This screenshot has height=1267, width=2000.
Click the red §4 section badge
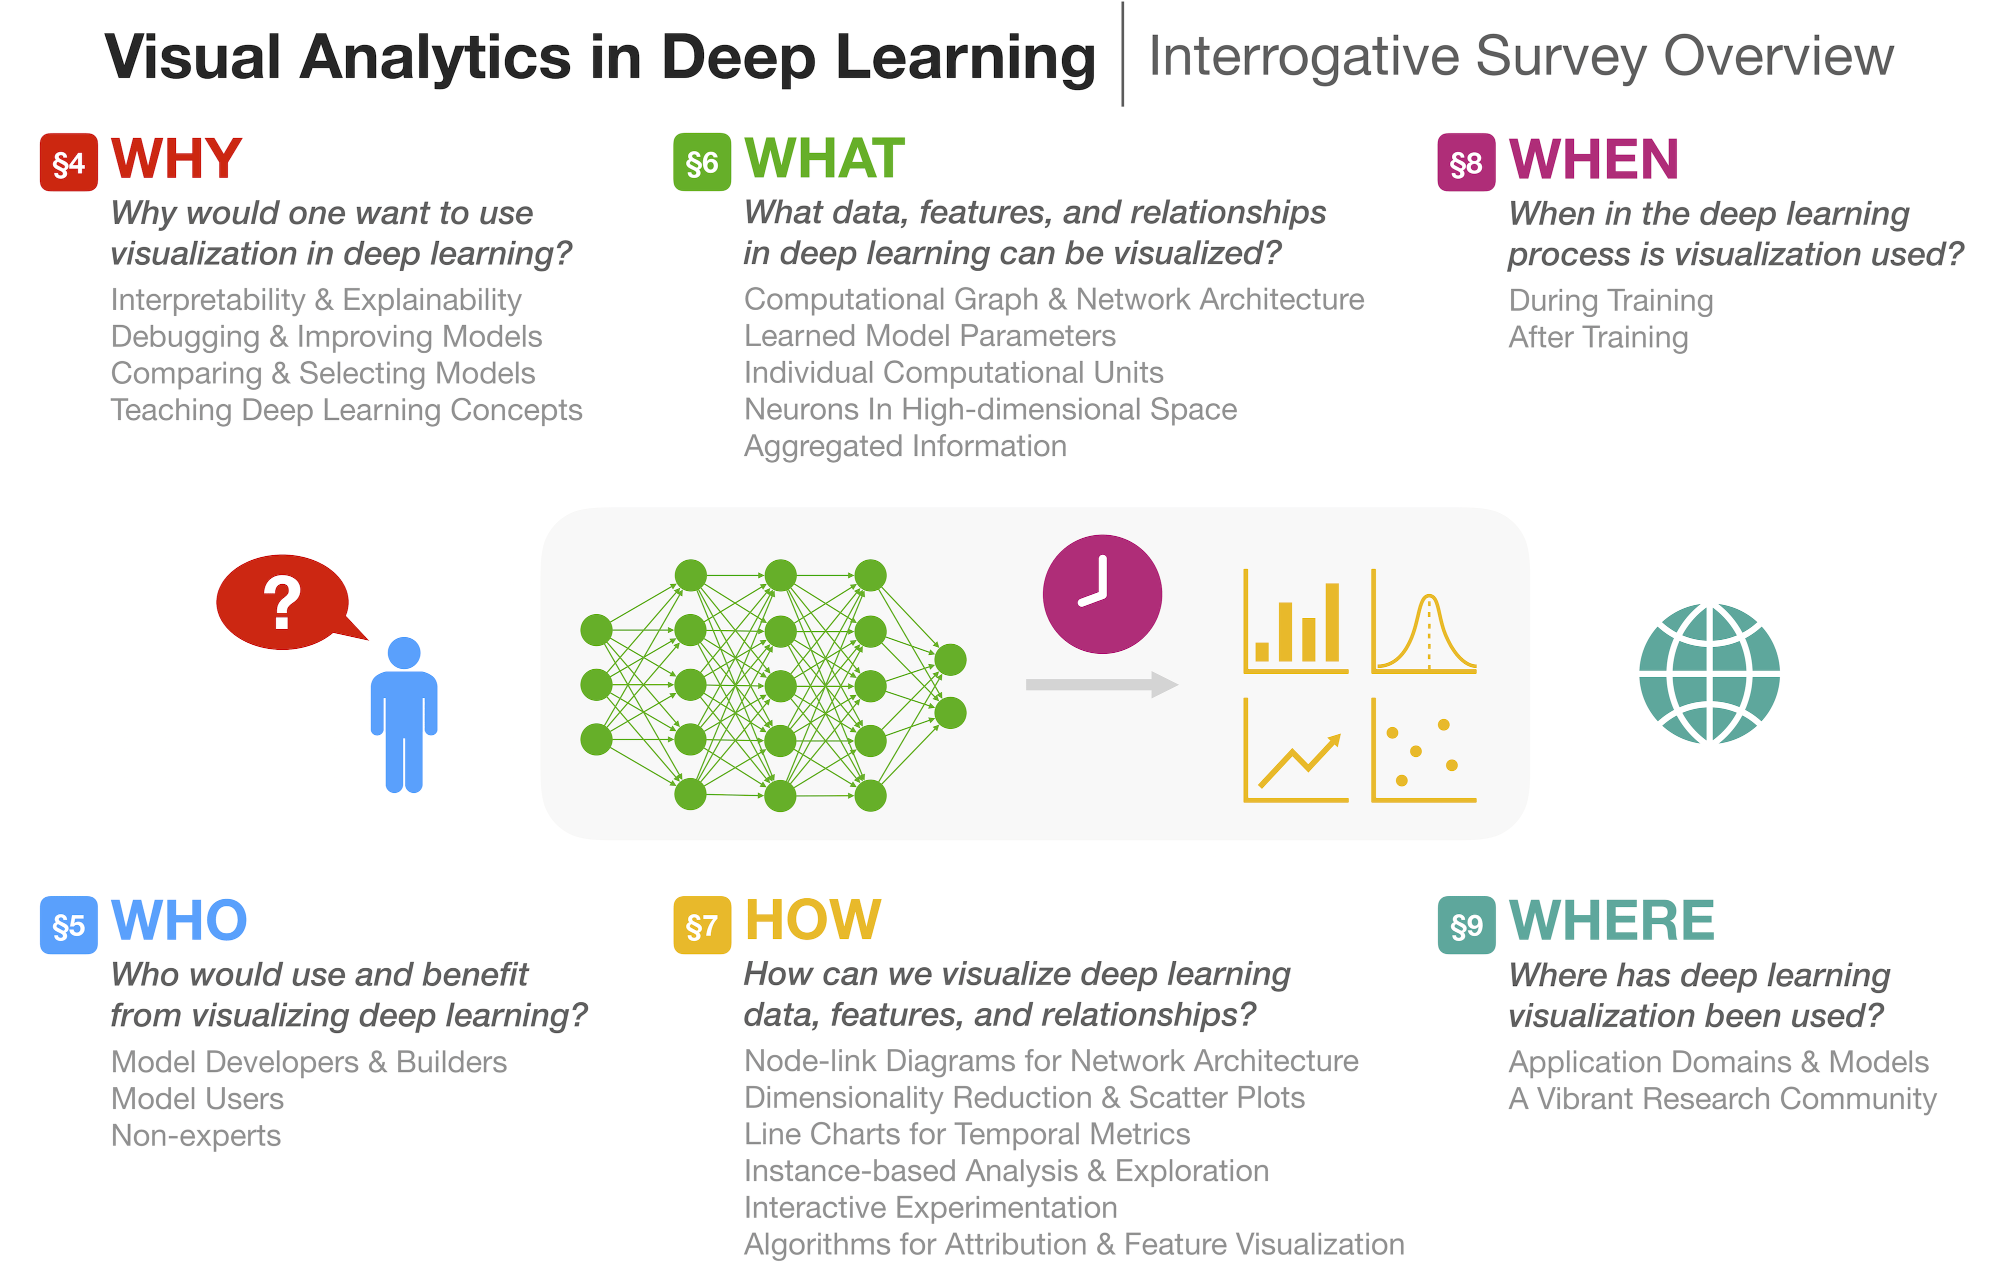pyautogui.click(x=69, y=163)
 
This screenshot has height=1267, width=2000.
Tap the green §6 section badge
pyautogui.click(x=702, y=163)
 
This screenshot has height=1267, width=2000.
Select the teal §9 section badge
pyautogui.click(x=1466, y=925)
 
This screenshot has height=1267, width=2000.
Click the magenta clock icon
pyautogui.click(x=1102, y=594)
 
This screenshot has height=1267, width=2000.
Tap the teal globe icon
pyautogui.click(x=1709, y=673)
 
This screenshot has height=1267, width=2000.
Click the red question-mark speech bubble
pyautogui.click(x=283, y=602)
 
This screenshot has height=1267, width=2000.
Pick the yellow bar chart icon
pyautogui.click(x=1295, y=621)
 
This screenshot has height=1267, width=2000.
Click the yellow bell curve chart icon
pyautogui.click(x=1423, y=621)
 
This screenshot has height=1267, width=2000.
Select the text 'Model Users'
pyautogui.click(x=197, y=1098)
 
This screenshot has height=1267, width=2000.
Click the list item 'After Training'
pyautogui.click(x=1598, y=337)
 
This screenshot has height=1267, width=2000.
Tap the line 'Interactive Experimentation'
pyautogui.click(x=930, y=1207)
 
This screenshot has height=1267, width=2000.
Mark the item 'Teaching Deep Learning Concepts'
pyautogui.click(x=346, y=411)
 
